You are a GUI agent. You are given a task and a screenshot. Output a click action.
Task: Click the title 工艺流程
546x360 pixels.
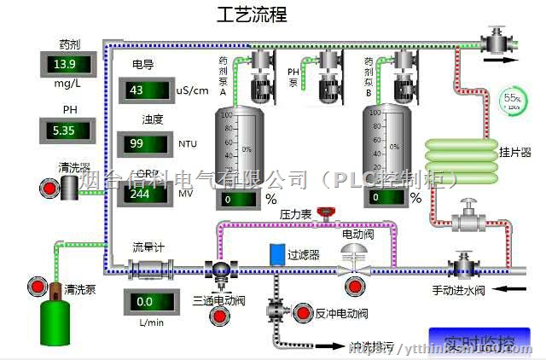pos(251,15)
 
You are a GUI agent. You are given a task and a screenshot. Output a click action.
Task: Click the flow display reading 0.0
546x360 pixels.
pos(153,301)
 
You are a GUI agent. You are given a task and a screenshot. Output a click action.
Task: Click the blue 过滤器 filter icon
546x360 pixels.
pos(276,253)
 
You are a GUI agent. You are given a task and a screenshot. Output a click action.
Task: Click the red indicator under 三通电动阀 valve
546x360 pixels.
pos(221,317)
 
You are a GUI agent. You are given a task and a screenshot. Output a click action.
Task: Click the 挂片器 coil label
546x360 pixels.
pos(514,154)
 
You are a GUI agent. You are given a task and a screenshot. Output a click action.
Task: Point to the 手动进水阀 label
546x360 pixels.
pos(457,290)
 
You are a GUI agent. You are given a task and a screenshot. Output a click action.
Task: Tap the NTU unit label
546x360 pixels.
pos(188,144)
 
